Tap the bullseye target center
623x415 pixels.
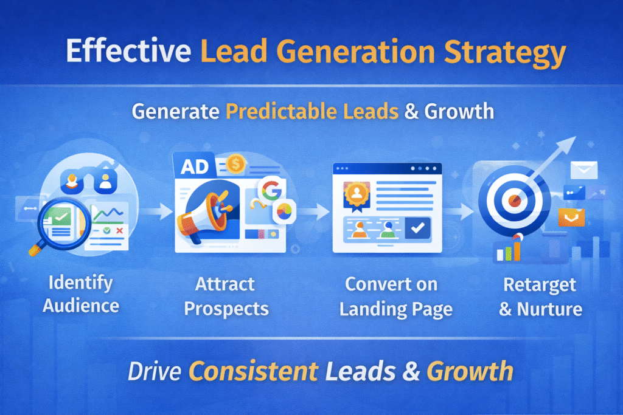pos(512,199)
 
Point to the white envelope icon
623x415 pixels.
pos(583,170)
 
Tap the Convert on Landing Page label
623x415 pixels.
pos(395,296)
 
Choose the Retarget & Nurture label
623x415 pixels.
pos(540,296)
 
